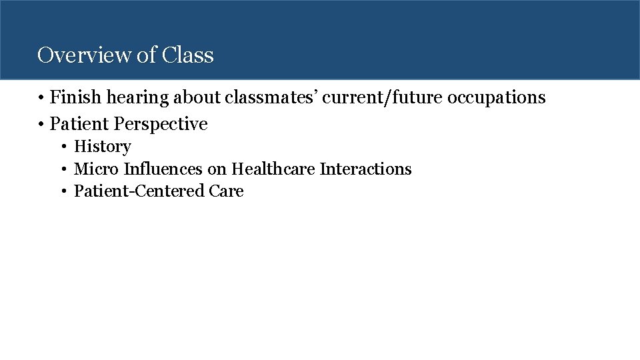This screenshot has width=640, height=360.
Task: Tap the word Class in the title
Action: click(x=187, y=55)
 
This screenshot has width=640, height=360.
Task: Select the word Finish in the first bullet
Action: click(x=73, y=97)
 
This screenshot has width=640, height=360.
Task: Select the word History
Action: click(x=102, y=147)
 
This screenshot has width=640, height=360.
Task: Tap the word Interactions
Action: click(x=365, y=169)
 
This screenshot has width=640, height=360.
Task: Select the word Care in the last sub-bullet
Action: click(x=226, y=191)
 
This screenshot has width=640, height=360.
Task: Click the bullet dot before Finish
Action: click(x=41, y=98)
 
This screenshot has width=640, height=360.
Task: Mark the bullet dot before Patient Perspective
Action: click(x=41, y=124)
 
